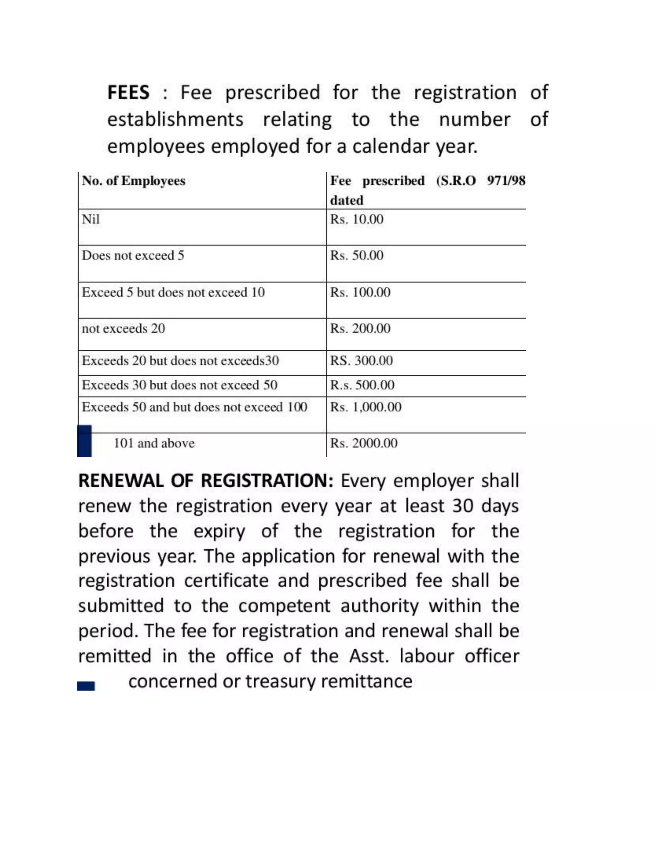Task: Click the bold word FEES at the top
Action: pyautogui.click(x=128, y=93)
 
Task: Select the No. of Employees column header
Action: pyautogui.click(x=133, y=181)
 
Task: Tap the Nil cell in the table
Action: pyautogui.click(x=91, y=220)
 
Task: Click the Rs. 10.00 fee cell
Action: pyautogui.click(x=357, y=220)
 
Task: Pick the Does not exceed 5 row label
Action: pyautogui.click(x=133, y=255)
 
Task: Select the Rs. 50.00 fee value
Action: pyautogui.click(x=357, y=255)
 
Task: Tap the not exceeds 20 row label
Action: pyautogui.click(x=123, y=329)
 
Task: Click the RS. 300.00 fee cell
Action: pyautogui.click(x=361, y=361)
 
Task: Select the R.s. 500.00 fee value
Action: pyautogui.click(x=362, y=385)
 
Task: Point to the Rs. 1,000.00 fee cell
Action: pyautogui.click(x=366, y=407)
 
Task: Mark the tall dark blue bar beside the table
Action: pyautogui.click(x=84, y=441)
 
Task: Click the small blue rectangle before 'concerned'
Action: pyautogui.click(x=86, y=686)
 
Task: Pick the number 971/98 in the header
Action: pyautogui.click(x=506, y=181)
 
